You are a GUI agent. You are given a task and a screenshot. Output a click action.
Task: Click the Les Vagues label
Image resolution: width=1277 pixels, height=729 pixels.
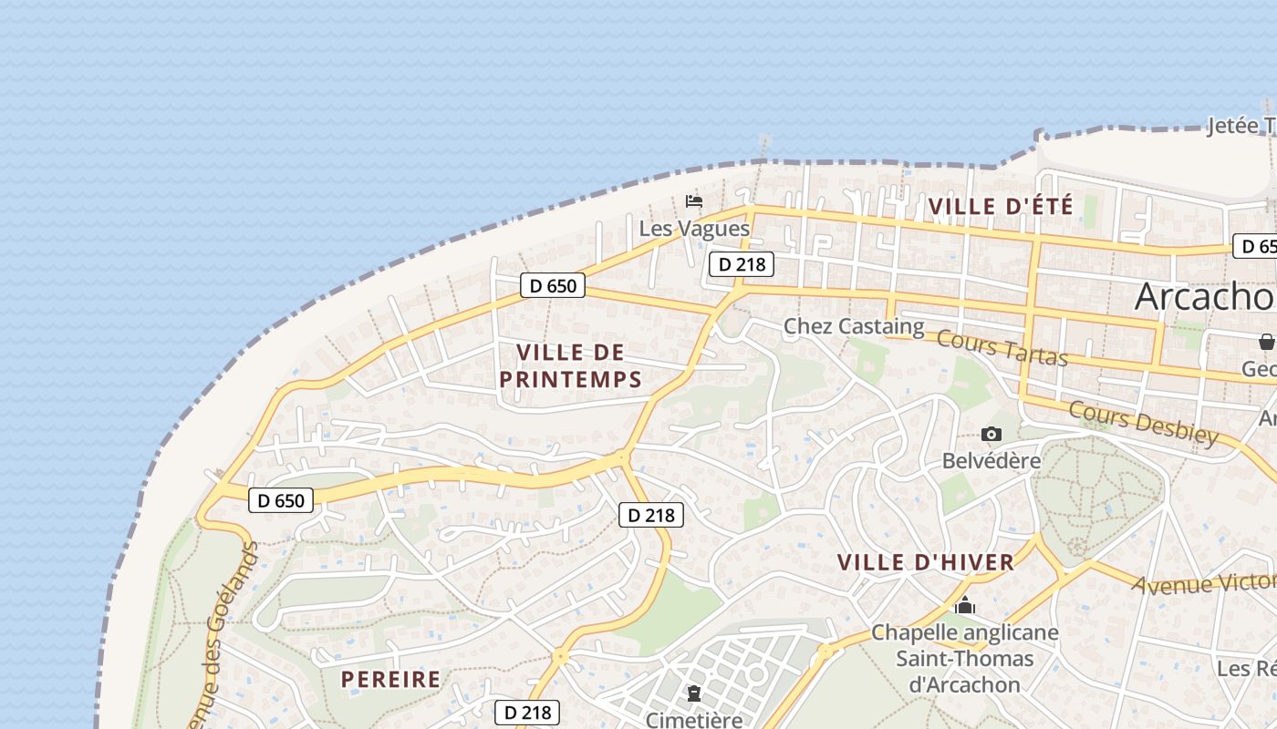(x=694, y=228)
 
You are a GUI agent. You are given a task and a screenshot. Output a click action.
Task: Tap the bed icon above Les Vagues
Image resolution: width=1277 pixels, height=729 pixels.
(x=694, y=201)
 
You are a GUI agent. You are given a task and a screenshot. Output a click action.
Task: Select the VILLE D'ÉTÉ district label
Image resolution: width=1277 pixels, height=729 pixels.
(x=1001, y=207)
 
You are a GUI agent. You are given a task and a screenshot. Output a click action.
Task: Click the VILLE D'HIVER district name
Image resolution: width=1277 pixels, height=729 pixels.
(x=926, y=562)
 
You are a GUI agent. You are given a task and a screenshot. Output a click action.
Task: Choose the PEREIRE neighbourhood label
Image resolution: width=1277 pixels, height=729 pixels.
(x=390, y=679)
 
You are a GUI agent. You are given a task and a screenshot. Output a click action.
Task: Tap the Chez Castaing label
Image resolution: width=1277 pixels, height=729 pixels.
(x=854, y=325)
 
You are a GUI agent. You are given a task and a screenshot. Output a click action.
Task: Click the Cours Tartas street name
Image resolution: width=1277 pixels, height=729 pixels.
(x=1002, y=347)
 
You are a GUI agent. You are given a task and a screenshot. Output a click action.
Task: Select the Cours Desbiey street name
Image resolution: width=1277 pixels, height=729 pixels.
(x=1144, y=423)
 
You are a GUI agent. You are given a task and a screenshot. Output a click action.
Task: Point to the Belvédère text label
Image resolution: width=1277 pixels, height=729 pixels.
(x=991, y=460)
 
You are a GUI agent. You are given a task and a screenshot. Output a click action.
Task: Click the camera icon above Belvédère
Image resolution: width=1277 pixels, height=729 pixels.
(x=991, y=435)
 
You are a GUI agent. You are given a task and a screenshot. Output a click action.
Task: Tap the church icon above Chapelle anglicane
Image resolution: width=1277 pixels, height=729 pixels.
(x=965, y=605)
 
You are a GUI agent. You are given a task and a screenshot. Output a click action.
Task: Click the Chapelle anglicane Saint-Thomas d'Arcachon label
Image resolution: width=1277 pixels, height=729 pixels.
(x=965, y=658)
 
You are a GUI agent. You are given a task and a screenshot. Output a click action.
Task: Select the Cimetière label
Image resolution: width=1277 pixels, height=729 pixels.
(x=694, y=720)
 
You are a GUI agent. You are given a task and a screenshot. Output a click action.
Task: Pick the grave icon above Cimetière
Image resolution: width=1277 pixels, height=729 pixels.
(x=694, y=693)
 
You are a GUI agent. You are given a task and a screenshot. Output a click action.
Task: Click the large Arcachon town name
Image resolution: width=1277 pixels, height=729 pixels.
(x=1204, y=296)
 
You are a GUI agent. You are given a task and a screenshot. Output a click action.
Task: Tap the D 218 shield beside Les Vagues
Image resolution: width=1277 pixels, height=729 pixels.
(x=742, y=264)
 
